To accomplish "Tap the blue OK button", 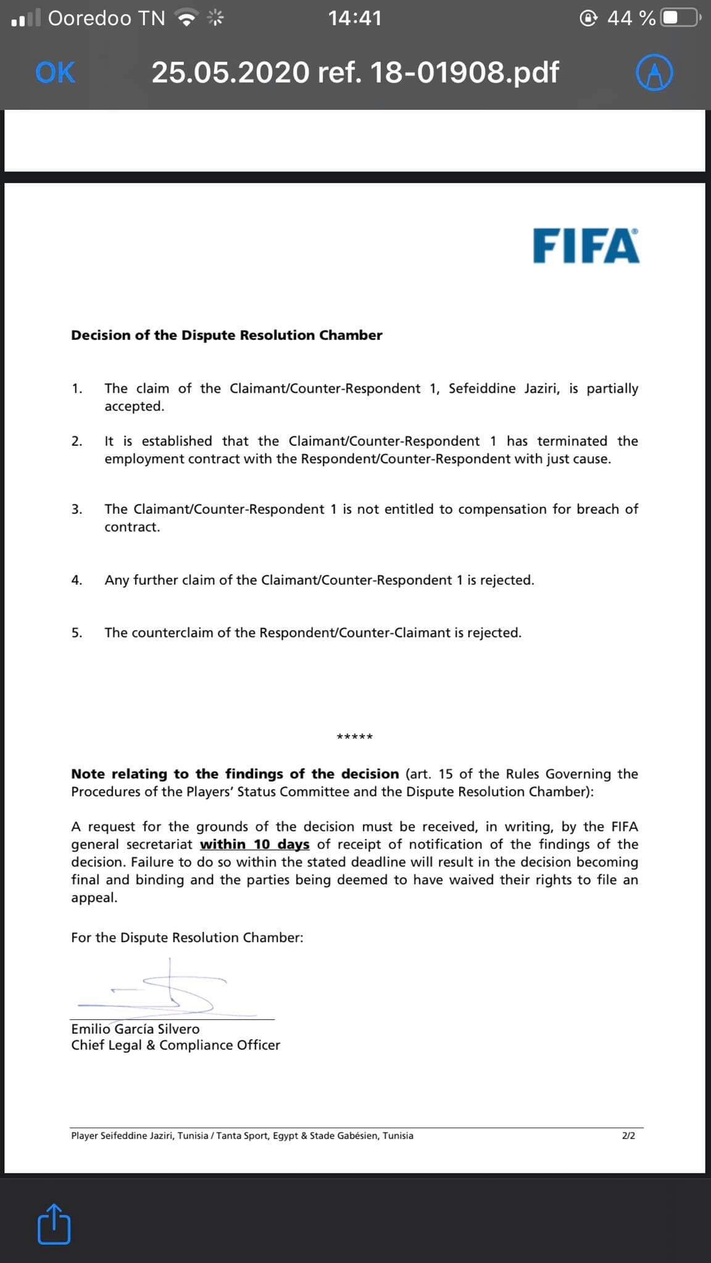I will coord(55,73).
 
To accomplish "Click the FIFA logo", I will coord(586,246).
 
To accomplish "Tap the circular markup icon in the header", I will coord(654,73).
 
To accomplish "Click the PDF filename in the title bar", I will coord(355,73).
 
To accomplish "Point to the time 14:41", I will coord(355,19).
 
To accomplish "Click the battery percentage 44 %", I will coord(631,19).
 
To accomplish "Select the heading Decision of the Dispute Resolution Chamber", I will coord(227,335).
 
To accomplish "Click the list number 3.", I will coord(77,509).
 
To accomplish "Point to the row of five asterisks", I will coord(354,737).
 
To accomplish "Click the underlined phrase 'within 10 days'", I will coord(254,844).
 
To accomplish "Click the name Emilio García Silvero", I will coord(135,1029).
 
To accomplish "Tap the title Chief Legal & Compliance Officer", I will coord(175,1045).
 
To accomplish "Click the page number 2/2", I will coord(628,1135).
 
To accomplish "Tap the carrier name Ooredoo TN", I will coord(106,19).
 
